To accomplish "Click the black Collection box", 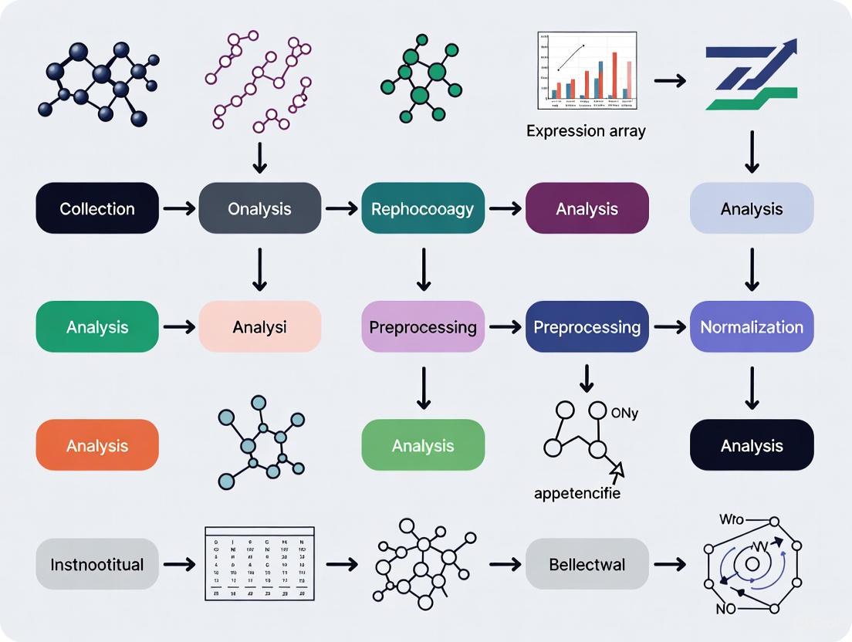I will point(97,208).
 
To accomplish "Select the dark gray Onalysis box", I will point(259,208).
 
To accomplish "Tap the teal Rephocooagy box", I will point(422,208).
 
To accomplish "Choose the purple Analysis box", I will point(587,208).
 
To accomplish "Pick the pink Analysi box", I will point(259,327).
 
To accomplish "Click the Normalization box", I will point(751,327).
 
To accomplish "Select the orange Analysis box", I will point(97,445).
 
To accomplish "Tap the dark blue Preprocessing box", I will point(587,327).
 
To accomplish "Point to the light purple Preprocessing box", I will point(422,327).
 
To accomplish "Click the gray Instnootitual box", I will point(97,564).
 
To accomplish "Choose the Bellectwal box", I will point(587,564).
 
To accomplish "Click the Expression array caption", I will point(586,131).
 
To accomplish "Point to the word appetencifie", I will point(576,493).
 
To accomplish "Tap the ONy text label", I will point(624,414).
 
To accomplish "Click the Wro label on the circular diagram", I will point(731,519).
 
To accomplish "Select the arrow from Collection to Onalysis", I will point(178,208).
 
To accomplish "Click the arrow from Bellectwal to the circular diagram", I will point(669,564).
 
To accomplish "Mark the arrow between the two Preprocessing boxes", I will point(505,327).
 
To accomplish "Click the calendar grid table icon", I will point(259,564).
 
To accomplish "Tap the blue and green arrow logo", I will point(751,77).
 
